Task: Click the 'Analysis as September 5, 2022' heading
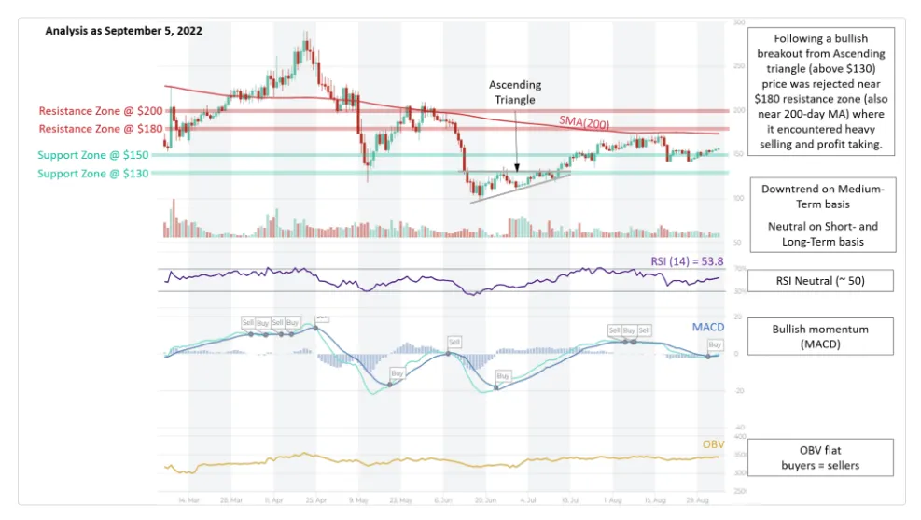click(x=124, y=30)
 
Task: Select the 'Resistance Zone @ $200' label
click(x=101, y=111)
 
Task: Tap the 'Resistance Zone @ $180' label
click(x=101, y=129)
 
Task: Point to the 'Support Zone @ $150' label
click(x=93, y=155)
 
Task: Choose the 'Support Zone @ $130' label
click(x=93, y=174)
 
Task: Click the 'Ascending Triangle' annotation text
click(x=515, y=92)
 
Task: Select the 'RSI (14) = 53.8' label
click(x=686, y=261)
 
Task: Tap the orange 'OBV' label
click(x=713, y=444)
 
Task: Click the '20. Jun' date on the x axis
click(x=485, y=500)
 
